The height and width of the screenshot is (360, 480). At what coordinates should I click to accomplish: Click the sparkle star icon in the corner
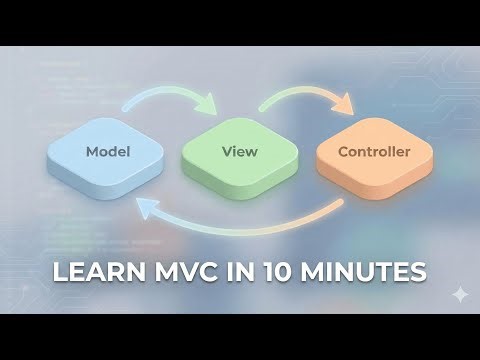click(459, 293)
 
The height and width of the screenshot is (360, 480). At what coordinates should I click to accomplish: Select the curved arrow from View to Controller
click(300, 93)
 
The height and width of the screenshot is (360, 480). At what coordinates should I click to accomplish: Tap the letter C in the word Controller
click(342, 153)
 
